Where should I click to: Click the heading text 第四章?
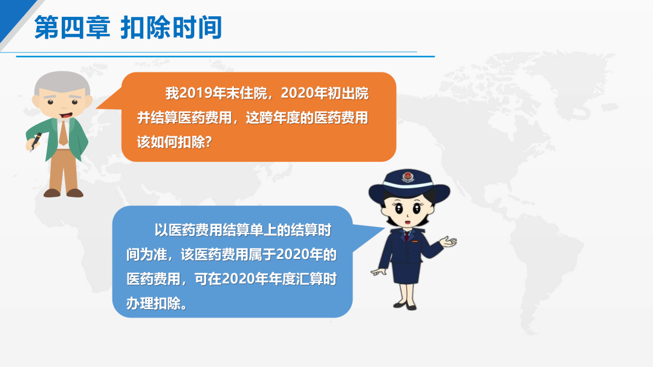(72, 27)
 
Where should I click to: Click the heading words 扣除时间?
(171, 27)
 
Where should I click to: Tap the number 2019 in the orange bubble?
(196, 93)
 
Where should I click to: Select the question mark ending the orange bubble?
(209, 142)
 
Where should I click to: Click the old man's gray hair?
(62, 82)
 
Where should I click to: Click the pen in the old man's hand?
(36, 141)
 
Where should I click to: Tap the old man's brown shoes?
(63, 193)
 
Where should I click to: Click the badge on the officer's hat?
(408, 177)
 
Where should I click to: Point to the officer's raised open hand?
(448, 241)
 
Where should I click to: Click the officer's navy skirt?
(405, 272)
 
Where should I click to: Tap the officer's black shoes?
(404, 306)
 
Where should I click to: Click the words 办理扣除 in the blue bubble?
(154, 304)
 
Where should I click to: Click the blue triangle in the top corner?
(15, 14)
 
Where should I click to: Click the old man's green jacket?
(58, 139)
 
